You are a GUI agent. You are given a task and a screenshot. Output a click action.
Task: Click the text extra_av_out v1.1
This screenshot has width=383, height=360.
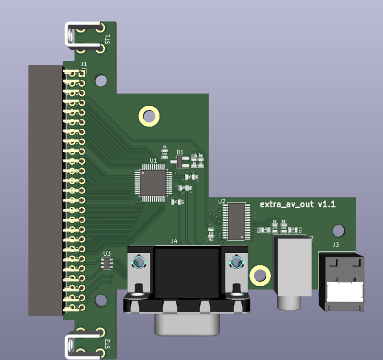[x=297, y=204]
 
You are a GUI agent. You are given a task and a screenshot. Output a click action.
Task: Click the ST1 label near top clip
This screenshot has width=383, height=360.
[x=107, y=39]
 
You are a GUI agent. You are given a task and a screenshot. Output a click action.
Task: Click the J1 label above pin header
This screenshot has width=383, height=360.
[x=83, y=64]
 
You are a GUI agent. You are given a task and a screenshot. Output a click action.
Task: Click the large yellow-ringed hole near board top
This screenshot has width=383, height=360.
[x=149, y=116]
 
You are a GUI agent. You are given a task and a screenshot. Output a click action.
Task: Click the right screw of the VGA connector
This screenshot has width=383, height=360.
[x=236, y=262]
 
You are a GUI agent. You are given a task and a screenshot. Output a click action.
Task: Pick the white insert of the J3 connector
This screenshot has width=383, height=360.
[x=342, y=291]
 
